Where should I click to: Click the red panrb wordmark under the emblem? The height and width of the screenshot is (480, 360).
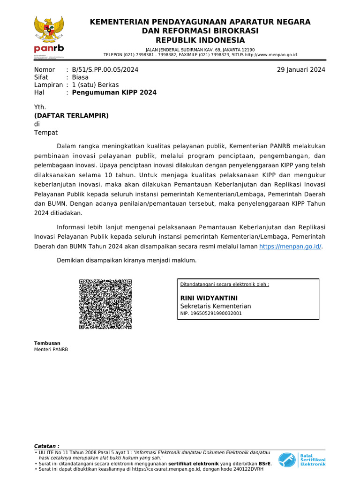[x=49, y=49]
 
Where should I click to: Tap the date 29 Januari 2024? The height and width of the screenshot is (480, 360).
[x=301, y=70]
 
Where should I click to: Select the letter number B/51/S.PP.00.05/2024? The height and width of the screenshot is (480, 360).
[x=105, y=70]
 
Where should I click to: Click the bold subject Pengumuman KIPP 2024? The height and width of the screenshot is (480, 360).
[x=114, y=92]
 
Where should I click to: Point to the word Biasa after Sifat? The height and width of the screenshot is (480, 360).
[x=80, y=77]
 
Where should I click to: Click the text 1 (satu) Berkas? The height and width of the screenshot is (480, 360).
[x=95, y=85]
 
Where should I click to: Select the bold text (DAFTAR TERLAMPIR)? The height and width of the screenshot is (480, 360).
[x=71, y=115]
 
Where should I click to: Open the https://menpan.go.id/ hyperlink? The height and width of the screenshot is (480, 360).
[x=290, y=246]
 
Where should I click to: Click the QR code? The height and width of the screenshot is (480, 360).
[x=105, y=304]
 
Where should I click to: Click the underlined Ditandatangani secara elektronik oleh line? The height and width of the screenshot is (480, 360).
[x=225, y=285]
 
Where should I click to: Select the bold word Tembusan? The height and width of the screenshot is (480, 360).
[x=47, y=343]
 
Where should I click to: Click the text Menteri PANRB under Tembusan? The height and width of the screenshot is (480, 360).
[x=51, y=349]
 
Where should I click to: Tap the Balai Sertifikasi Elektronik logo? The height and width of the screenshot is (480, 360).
[x=301, y=460]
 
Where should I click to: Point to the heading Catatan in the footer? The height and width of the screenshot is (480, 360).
[x=47, y=446]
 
